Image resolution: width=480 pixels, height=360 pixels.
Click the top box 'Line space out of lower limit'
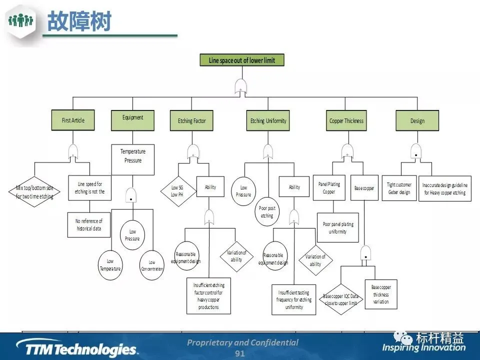pos(241,60)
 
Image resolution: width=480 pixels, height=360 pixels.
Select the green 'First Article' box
pos(73,120)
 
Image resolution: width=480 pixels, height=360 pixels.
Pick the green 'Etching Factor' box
pos(191,120)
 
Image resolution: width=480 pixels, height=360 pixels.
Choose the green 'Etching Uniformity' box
pos(268,120)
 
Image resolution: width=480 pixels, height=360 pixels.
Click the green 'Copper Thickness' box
pos(346,120)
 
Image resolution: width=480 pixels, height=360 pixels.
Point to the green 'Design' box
pos(417,120)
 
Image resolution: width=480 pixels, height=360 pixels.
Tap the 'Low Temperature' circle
pos(110,264)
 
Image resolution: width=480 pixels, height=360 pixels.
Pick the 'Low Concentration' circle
pos(152,265)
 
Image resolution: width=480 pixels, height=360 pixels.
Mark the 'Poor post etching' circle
pos(267,212)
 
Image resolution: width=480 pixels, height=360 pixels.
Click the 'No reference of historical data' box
pos(88,224)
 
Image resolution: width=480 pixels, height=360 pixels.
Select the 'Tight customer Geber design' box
pos(399,188)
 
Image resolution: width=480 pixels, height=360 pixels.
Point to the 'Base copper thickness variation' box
pos(380,294)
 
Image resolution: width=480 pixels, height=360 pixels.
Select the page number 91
pos(240,353)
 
